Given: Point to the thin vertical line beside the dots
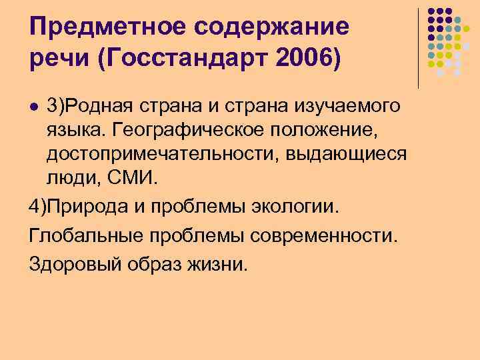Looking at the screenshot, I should pos(418,47).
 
